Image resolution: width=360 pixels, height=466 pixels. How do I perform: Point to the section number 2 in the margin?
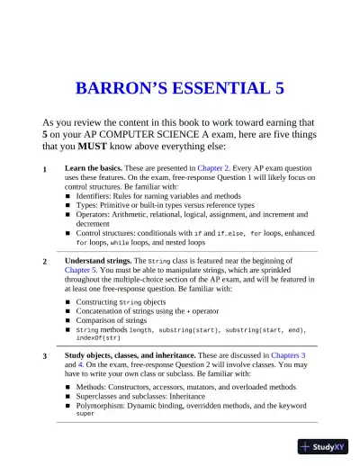click(x=45, y=261)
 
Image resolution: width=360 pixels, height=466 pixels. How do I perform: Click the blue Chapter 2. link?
click(x=216, y=168)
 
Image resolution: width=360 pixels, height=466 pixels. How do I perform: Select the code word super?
click(x=85, y=414)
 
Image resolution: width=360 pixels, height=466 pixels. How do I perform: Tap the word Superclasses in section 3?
click(x=101, y=396)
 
